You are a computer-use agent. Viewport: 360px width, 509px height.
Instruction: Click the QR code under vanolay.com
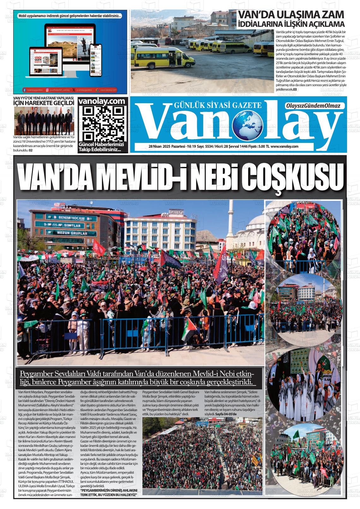point(103,123)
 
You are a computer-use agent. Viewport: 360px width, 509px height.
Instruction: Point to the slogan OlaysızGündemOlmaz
point(312,106)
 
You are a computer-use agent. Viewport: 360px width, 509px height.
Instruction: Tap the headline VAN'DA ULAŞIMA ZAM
point(291,15)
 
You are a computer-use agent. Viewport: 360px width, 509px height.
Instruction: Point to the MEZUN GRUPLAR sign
point(71,233)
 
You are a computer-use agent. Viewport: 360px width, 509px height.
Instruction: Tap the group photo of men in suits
point(44,121)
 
